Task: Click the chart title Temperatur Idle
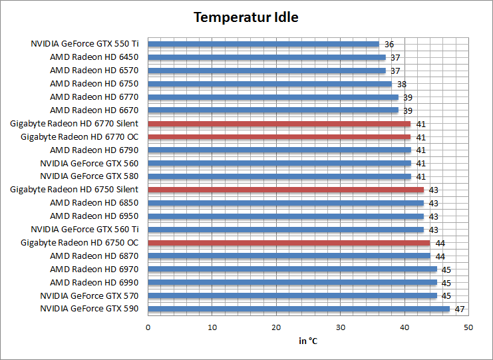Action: [x=246, y=17]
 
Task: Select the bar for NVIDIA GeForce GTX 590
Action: [x=299, y=309]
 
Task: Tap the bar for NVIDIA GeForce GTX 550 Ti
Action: [x=263, y=44]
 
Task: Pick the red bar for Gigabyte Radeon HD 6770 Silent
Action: [x=279, y=124]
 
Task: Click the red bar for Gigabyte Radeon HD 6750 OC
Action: [x=289, y=243]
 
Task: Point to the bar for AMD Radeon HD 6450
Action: [x=267, y=57]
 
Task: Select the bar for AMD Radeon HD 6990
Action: [x=292, y=282]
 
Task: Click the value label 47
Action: [x=459, y=309]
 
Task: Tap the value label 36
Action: [x=389, y=45]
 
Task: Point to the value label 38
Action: [x=402, y=85]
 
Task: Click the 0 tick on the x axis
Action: [x=148, y=327]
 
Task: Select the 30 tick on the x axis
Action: [x=341, y=327]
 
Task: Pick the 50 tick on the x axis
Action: [x=468, y=327]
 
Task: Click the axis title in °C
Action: [x=308, y=341]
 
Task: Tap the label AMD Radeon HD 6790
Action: [x=94, y=150]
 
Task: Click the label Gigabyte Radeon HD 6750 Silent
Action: [x=75, y=190]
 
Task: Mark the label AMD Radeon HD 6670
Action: [x=94, y=110]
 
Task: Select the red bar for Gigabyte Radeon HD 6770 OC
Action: [x=279, y=137]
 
